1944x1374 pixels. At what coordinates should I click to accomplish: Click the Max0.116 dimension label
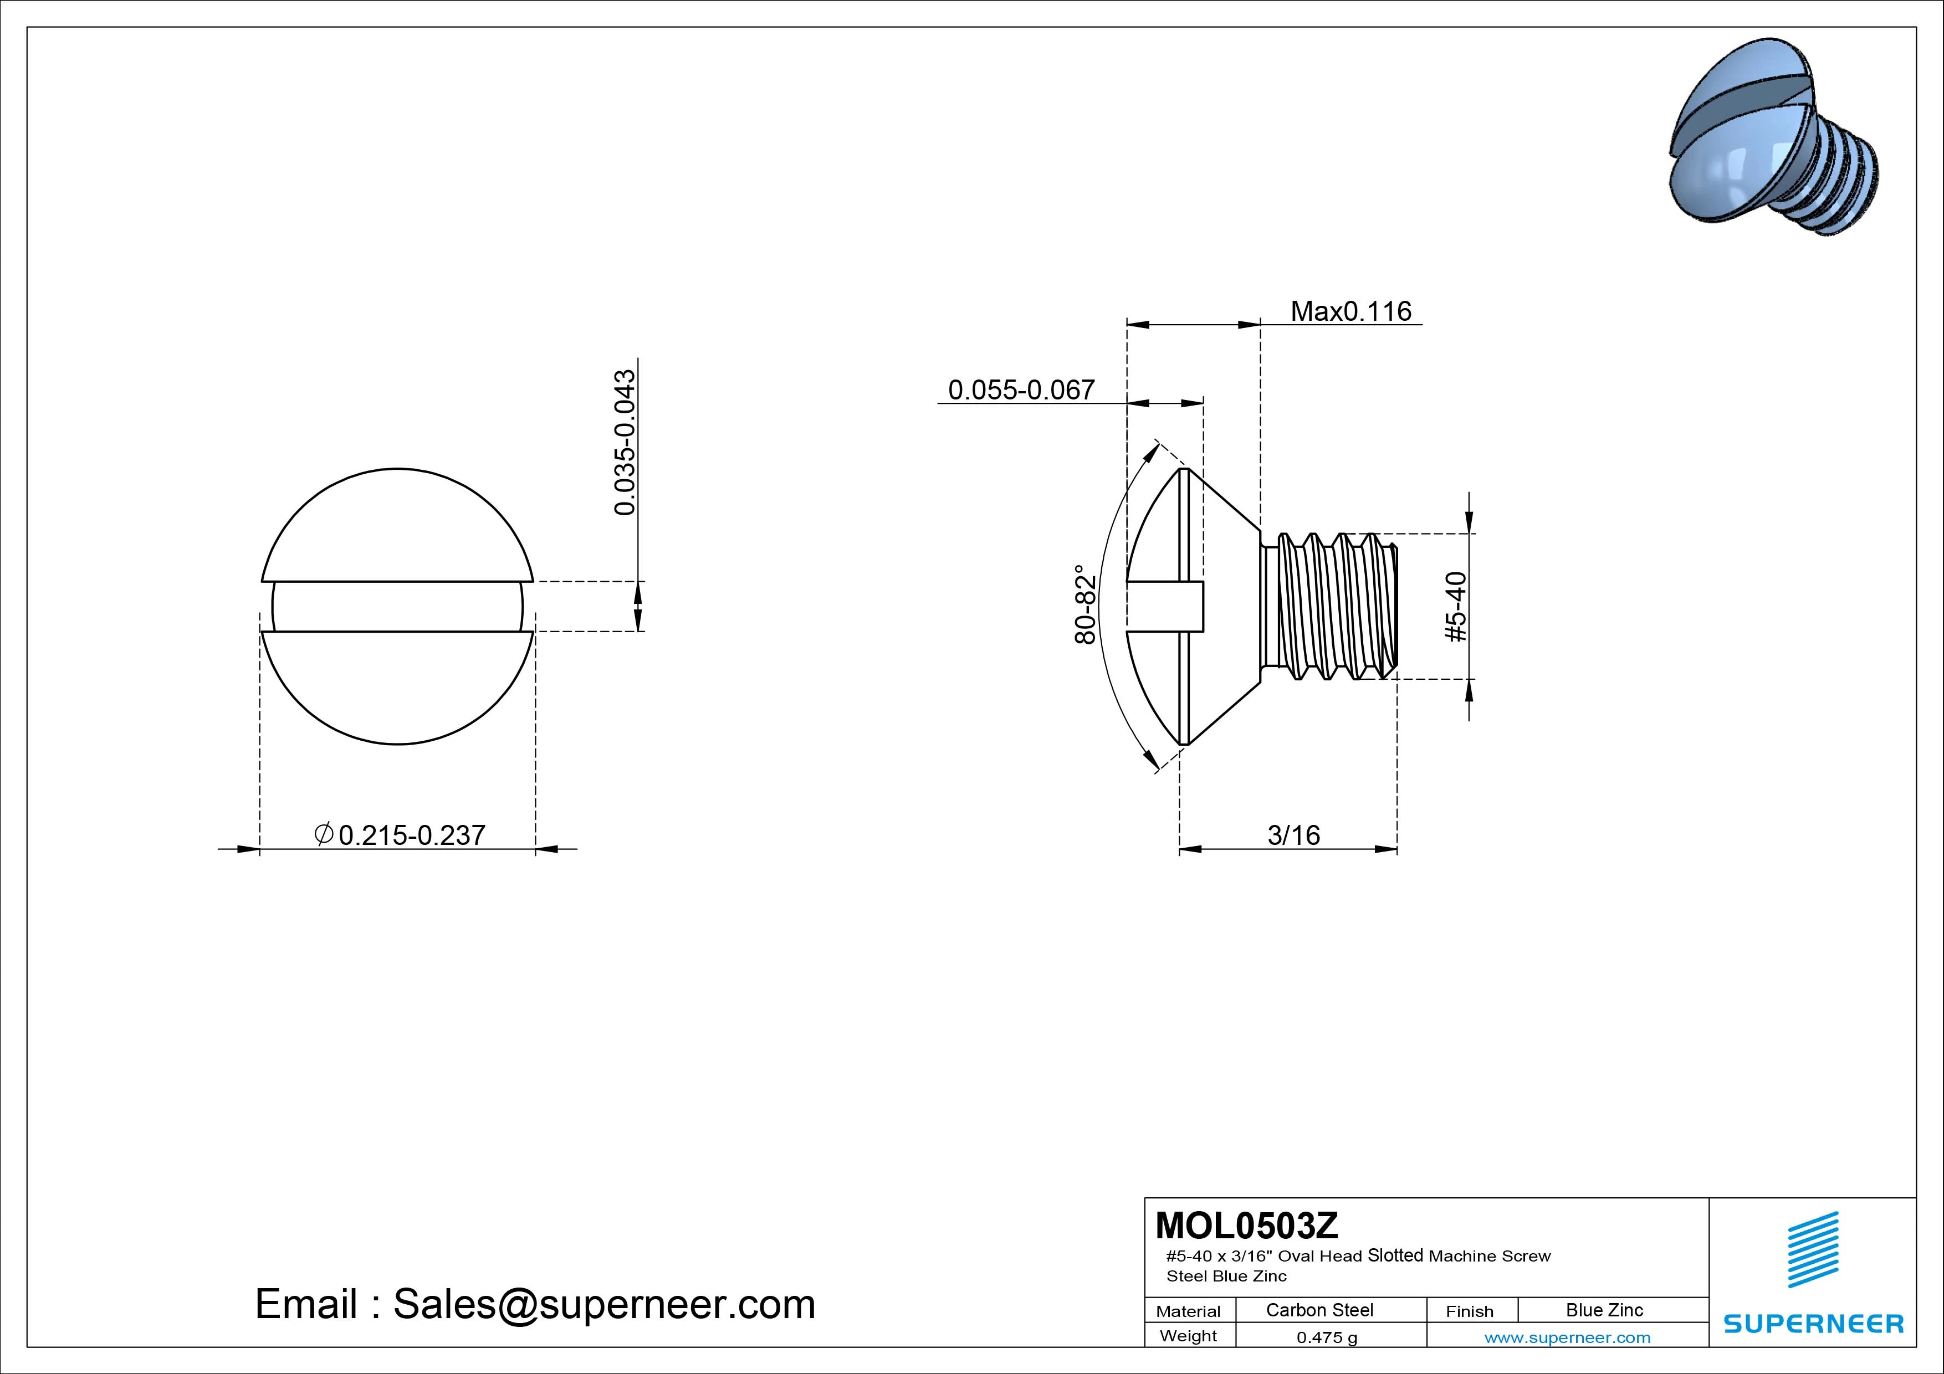[x=1350, y=311]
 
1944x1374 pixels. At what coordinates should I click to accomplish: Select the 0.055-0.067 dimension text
[x=1021, y=390]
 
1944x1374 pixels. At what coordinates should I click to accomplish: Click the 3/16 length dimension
[x=1293, y=835]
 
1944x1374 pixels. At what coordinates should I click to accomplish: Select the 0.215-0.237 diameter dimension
[x=412, y=835]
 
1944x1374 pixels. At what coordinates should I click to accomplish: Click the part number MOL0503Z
[x=1247, y=1225]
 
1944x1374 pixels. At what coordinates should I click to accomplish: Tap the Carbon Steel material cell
[x=1319, y=1310]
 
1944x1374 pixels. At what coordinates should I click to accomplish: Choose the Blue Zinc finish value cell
[x=1604, y=1310]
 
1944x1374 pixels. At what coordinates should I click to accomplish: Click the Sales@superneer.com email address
[x=603, y=1305]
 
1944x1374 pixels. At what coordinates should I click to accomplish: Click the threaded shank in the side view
[x=1329, y=606]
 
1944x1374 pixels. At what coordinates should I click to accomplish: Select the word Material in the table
[x=1188, y=1312]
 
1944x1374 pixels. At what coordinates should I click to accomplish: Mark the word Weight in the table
[x=1188, y=1337]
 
